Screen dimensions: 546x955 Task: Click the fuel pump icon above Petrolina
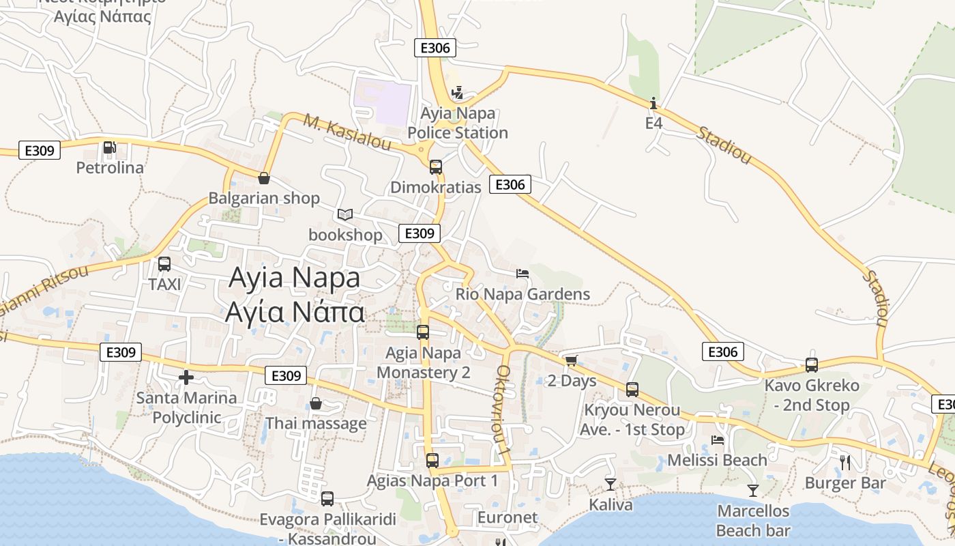(x=109, y=147)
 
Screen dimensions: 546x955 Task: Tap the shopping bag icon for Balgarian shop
(x=264, y=178)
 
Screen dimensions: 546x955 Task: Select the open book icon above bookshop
(x=345, y=215)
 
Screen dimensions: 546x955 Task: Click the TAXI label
(x=164, y=285)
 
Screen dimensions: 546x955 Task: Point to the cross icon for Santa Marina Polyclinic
(x=186, y=377)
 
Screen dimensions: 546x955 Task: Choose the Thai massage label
(x=316, y=423)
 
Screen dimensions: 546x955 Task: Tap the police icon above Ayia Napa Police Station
(x=458, y=92)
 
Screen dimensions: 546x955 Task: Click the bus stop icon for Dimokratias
(x=435, y=167)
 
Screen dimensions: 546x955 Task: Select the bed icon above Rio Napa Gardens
(x=523, y=274)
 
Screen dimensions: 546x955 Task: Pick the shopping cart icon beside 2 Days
(x=571, y=360)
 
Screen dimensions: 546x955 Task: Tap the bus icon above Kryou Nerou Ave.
(x=632, y=390)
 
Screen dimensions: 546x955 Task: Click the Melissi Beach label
(x=717, y=460)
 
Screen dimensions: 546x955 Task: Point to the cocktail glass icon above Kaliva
(x=610, y=485)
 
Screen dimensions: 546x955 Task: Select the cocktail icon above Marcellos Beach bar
(x=752, y=490)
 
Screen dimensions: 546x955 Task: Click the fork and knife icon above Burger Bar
(x=845, y=462)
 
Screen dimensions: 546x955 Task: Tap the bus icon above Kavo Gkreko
(x=812, y=365)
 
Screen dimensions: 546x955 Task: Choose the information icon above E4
(x=653, y=103)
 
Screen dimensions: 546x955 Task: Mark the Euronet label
(x=508, y=517)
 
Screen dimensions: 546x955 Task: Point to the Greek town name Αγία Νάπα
(x=295, y=312)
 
